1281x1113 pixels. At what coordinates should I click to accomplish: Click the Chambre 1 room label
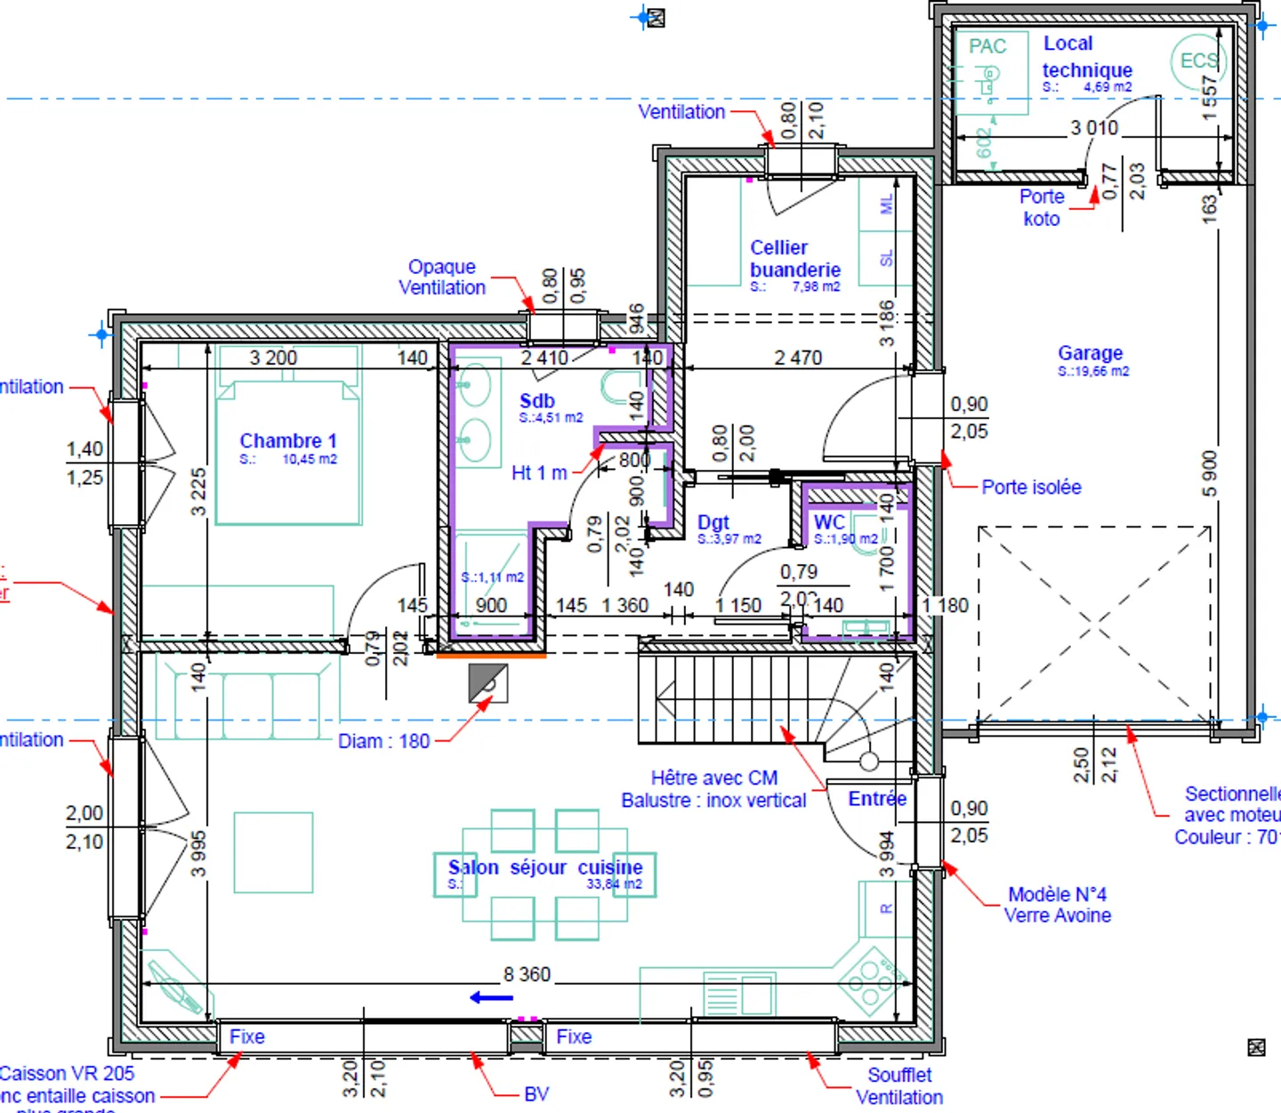288,441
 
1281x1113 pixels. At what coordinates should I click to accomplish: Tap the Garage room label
1090,353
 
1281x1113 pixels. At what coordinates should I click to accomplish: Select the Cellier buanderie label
794,259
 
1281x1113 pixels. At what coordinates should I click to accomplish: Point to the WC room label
829,522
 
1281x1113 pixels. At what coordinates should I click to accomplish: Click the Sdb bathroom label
537,401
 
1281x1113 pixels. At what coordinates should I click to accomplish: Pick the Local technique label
1086,57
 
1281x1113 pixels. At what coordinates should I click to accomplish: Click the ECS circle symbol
1197,60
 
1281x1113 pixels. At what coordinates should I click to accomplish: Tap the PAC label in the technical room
987,46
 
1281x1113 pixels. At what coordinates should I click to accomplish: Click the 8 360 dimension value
527,974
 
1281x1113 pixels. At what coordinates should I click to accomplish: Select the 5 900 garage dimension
1209,474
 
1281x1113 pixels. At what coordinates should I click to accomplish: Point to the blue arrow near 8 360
491,997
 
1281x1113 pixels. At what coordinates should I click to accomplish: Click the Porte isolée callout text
1031,487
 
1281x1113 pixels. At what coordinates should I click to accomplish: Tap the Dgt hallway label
713,522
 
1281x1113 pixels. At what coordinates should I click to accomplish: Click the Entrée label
877,799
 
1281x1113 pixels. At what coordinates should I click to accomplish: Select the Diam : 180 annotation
383,741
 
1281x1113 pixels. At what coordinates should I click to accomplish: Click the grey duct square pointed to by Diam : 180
487,683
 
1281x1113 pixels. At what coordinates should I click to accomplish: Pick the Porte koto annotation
1041,207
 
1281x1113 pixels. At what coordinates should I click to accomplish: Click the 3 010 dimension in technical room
1094,128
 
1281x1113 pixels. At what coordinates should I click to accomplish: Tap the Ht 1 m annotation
539,473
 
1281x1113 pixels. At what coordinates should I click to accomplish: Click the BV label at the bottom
536,1093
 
